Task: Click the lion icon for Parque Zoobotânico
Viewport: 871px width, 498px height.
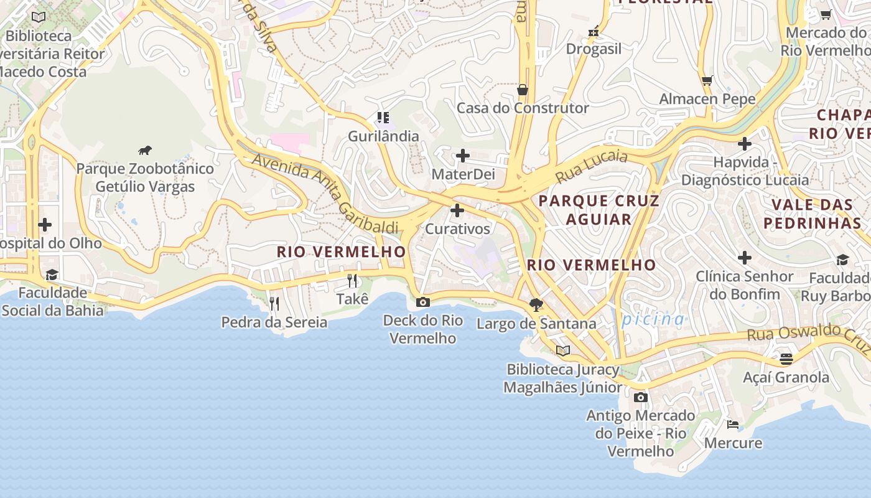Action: pyautogui.click(x=145, y=150)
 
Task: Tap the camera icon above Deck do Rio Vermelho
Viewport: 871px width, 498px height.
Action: pyautogui.click(x=422, y=303)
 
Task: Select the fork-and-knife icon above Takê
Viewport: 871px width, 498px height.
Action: pyautogui.click(x=352, y=281)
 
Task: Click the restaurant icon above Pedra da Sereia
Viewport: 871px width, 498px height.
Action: pyautogui.click(x=274, y=304)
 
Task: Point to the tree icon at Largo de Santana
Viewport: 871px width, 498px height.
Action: pyautogui.click(x=536, y=305)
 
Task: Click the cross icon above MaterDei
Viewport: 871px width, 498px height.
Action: pyautogui.click(x=463, y=156)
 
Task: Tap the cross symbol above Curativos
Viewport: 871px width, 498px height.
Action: pyautogui.click(x=457, y=210)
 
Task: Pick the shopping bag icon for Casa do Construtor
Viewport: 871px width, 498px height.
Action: pyautogui.click(x=523, y=90)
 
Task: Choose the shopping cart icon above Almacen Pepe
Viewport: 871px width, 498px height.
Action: pyautogui.click(x=707, y=80)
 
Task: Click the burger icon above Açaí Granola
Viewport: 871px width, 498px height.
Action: pyautogui.click(x=786, y=359)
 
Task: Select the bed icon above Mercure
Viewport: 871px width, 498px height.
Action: pyautogui.click(x=733, y=425)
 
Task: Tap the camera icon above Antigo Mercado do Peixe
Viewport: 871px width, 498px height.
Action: pyautogui.click(x=640, y=397)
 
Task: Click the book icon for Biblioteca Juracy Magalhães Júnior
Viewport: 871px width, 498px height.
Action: pyautogui.click(x=563, y=351)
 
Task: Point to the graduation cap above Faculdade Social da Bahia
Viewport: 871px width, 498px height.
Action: pyautogui.click(x=52, y=275)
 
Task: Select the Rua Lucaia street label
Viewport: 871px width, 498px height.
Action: pyautogui.click(x=591, y=166)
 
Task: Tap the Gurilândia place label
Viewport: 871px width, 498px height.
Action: pyautogui.click(x=383, y=136)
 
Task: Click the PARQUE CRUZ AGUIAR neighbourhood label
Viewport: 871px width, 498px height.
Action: pyautogui.click(x=599, y=210)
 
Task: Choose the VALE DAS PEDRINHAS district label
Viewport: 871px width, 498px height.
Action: pyautogui.click(x=813, y=214)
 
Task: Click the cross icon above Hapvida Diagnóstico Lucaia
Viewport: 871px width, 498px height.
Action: pyautogui.click(x=745, y=144)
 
